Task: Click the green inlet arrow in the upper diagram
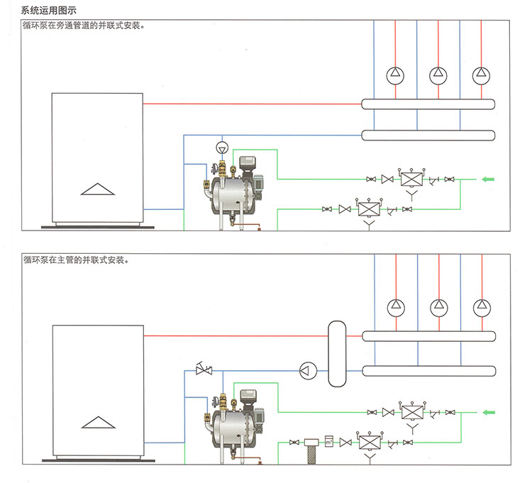(489, 178)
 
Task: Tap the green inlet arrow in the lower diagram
(489, 412)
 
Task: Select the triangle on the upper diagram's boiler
(98, 189)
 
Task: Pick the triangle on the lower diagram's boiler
(98, 423)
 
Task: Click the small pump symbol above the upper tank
(222, 148)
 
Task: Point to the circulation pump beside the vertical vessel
(307, 369)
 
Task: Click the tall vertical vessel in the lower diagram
(337, 352)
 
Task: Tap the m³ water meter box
(328, 440)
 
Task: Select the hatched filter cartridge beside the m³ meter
(310, 451)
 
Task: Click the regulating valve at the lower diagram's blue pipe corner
(204, 369)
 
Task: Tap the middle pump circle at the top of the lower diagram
(438, 307)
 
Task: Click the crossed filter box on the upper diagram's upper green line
(410, 178)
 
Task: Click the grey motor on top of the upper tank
(249, 164)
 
